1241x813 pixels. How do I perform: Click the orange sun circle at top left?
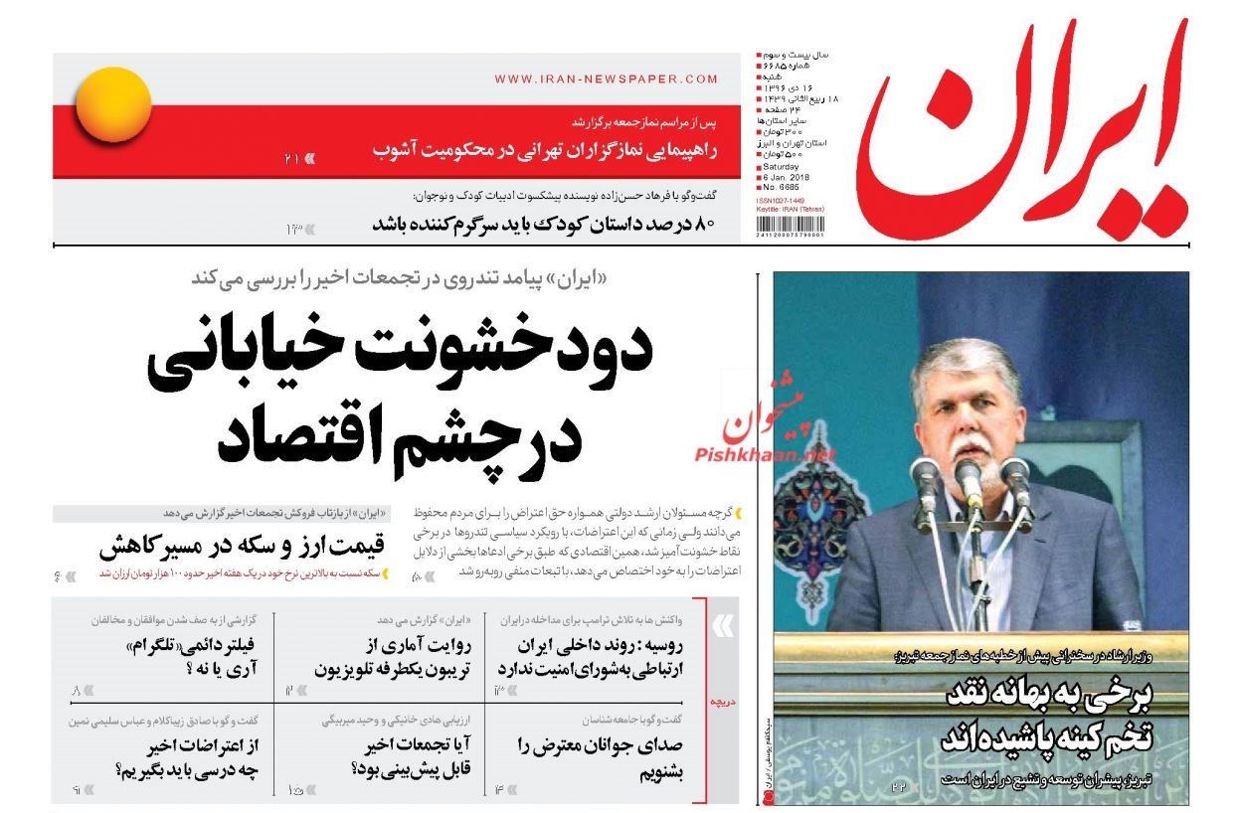[113, 104]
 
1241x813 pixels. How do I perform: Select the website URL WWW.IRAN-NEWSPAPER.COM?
[606, 80]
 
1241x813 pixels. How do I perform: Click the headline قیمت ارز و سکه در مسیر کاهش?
[245, 547]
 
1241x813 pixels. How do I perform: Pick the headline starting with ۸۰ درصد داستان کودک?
[543, 224]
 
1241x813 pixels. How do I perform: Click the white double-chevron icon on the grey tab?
[724, 626]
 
